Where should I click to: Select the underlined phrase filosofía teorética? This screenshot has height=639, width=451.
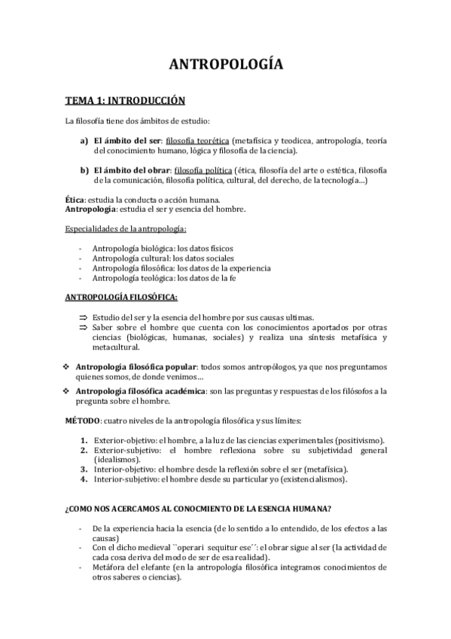[x=197, y=140]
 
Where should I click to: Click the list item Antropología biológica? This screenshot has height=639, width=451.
[x=133, y=249]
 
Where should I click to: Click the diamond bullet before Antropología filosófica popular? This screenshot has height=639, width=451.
[x=67, y=366]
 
